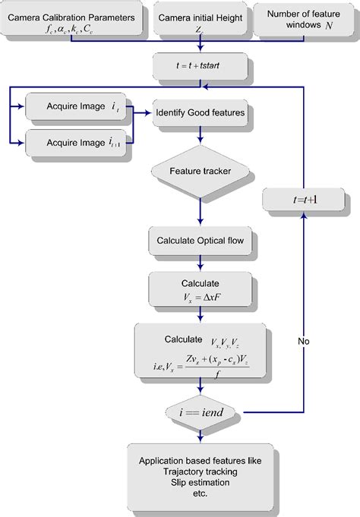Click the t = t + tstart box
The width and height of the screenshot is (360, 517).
tap(200, 66)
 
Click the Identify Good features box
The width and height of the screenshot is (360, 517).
tap(200, 112)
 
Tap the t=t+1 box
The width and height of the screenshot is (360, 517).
tap(304, 200)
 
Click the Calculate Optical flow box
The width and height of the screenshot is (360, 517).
tap(200, 241)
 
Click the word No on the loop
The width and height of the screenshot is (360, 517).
tap(304, 342)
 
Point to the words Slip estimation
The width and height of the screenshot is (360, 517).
tap(200, 483)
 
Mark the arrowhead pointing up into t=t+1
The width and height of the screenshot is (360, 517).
tap(304, 216)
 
